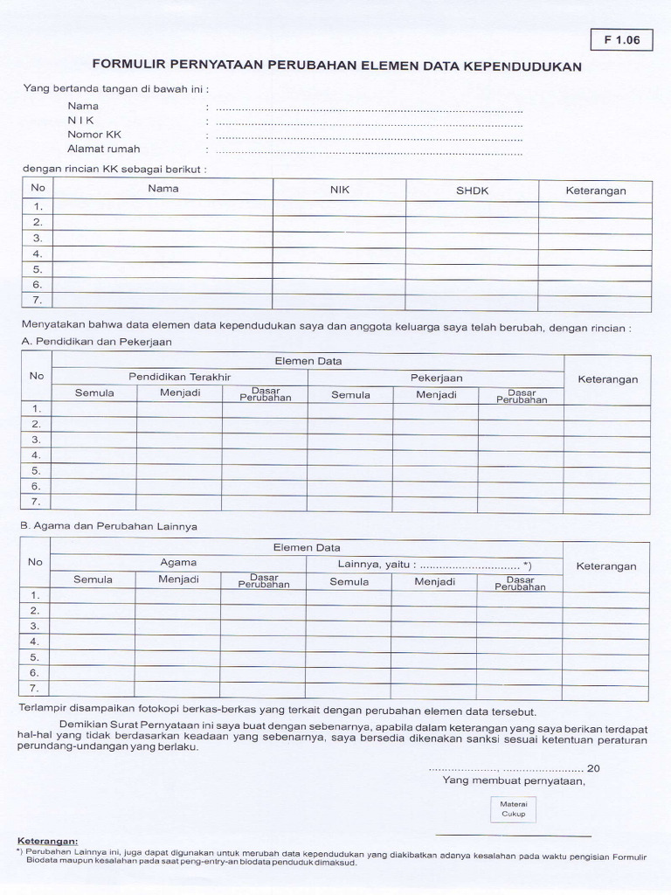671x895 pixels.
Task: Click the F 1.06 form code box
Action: pos(621,40)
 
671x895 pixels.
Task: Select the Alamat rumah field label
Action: pos(104,149)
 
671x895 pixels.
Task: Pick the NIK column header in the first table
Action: pos(340,190)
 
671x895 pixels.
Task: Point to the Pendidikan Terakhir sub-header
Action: pos(180,377)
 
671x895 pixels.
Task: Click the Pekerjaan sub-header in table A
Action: pos(436,378)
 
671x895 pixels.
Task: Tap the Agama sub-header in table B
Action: pos(178,563)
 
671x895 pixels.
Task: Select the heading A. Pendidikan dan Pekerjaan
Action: pos(96,342)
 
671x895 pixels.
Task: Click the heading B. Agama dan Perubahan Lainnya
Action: pos(108,527)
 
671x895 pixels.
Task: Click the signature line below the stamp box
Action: pos(513,836)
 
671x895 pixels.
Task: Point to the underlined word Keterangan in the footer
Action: pos(47,841)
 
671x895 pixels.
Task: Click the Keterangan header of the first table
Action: pos(595,191)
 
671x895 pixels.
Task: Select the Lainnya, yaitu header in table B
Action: pos(434,565)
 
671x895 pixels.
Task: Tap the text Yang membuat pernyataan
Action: pos(514,781)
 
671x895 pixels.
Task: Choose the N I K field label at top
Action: pos(81,121)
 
